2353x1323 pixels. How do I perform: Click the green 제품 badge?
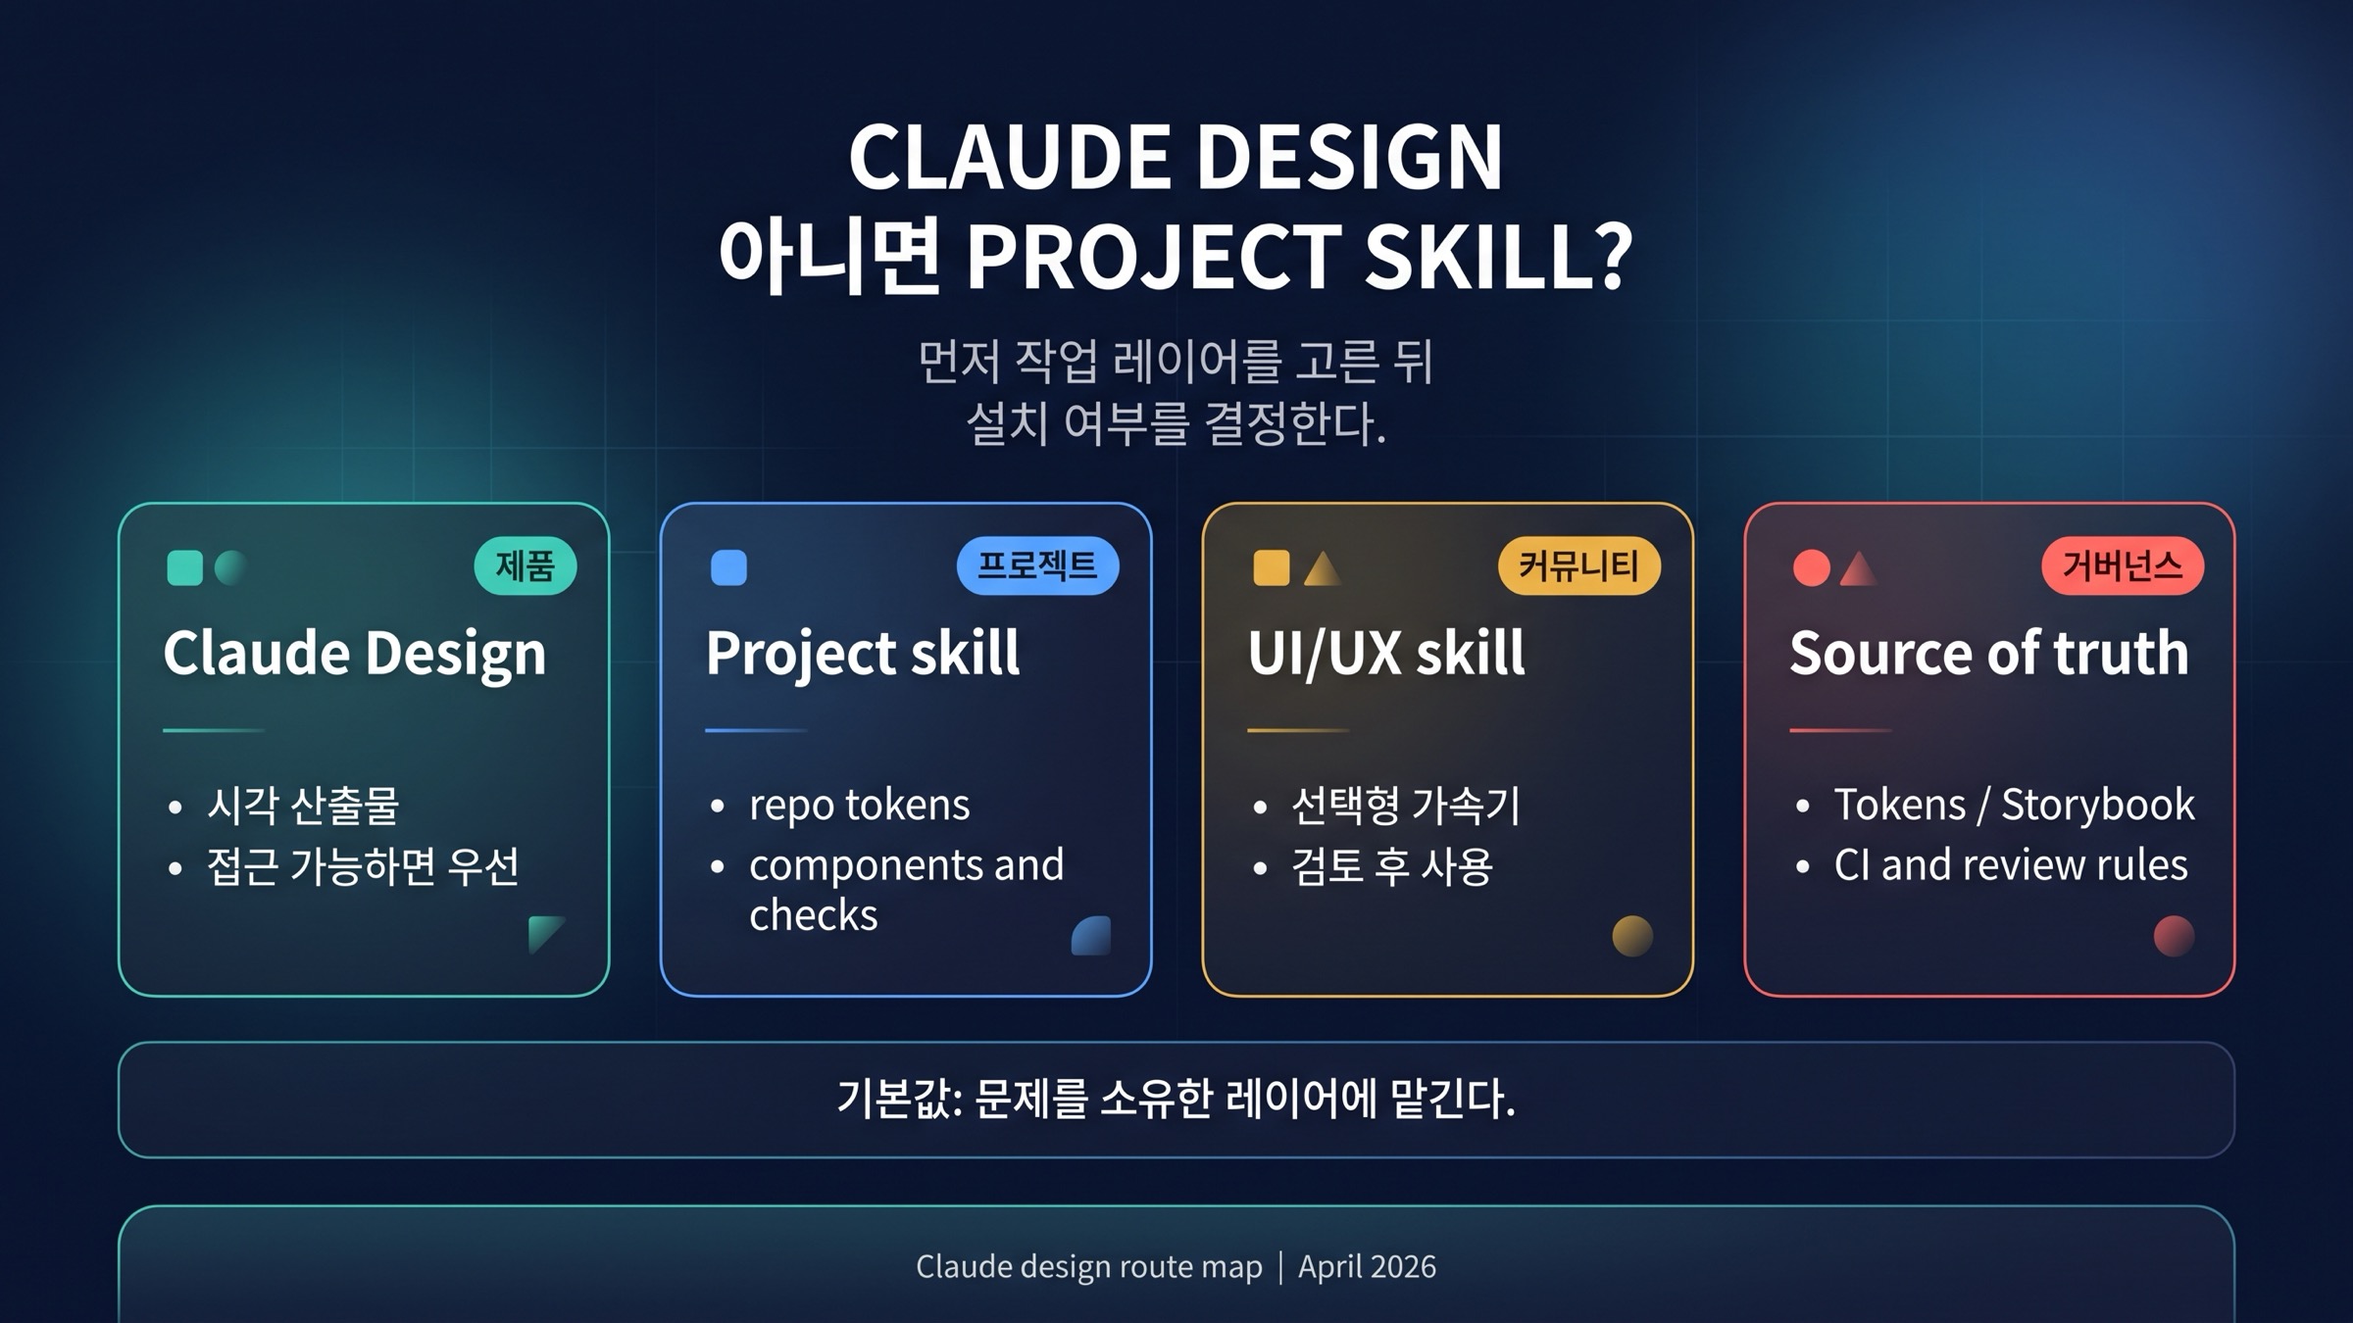click(525, 565)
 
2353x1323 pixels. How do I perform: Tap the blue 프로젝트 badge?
click(1037, 565)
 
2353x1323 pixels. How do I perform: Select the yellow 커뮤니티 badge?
click(1578, 565)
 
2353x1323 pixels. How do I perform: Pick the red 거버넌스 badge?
click(2122, 565)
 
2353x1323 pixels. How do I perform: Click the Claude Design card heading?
click(354, 653)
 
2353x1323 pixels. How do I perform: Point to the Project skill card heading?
click(862, 653)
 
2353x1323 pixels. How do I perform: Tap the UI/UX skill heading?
click(1386, 653)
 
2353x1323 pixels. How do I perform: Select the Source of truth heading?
click(1988, 653)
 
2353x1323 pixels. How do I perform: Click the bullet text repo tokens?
click(859, 805)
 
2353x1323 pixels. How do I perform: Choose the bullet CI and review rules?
click(2010, 865)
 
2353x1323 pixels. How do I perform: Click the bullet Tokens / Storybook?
click(2014, 805)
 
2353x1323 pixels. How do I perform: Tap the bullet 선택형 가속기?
click(1405, 805)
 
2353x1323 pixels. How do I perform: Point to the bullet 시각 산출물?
click(303, 805)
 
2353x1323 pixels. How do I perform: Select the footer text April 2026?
click(1367, 1266)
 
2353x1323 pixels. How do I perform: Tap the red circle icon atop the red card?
click(1811, 567)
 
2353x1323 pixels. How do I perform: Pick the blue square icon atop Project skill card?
click(728, 567)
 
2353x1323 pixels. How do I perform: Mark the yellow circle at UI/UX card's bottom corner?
click(1632, 935)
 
